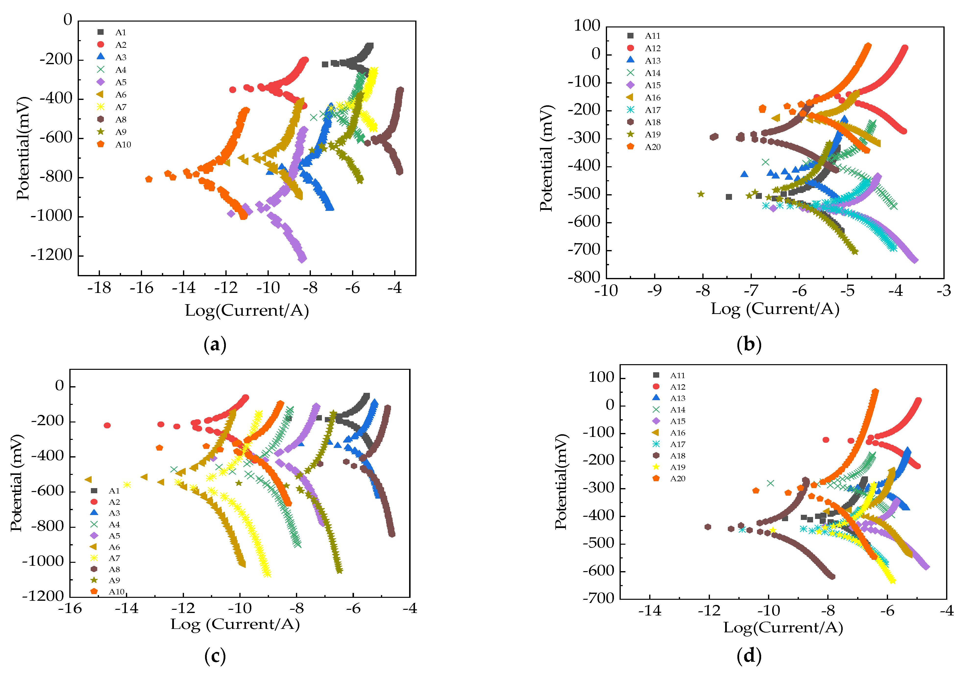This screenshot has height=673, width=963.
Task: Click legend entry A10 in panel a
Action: [123, 145]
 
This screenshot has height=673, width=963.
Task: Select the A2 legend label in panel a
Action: [121, 45]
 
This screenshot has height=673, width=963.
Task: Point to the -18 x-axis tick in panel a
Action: [99, 288]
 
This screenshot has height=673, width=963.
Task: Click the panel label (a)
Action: [215, 345]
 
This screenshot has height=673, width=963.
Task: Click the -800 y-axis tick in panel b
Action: [584, 277]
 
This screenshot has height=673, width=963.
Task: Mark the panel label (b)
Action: [749, 345]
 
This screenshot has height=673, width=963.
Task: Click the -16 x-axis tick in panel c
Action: [70, 608]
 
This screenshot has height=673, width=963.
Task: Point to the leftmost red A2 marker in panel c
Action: [107, 425]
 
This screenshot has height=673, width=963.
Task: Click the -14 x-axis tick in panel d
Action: [650, 611]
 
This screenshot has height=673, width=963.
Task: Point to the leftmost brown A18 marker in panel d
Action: [708, 527]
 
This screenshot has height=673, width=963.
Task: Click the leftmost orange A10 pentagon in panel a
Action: [148, 180]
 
